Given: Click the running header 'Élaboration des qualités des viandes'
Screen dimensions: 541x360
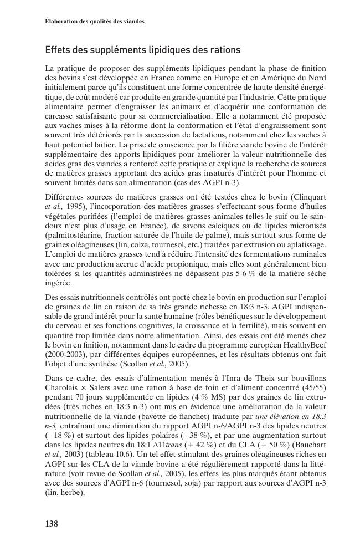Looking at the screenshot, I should click(95, 21).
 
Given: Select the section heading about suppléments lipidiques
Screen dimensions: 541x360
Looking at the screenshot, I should click(142, 50).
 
